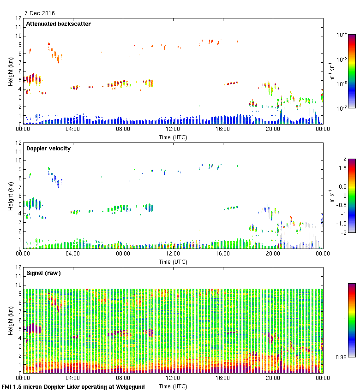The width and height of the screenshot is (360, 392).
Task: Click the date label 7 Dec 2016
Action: click(39, 13)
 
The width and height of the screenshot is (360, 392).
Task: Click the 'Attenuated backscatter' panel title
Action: click(58, 24)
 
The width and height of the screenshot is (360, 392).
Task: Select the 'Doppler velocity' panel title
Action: click(48, 148)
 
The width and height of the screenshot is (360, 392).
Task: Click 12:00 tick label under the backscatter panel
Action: click(173, 130)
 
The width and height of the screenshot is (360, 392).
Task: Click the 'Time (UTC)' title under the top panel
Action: click(173, 137)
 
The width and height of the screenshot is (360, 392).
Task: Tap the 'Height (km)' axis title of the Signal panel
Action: click(9, 320)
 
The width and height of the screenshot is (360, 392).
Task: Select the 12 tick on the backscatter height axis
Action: click(18, 18)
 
